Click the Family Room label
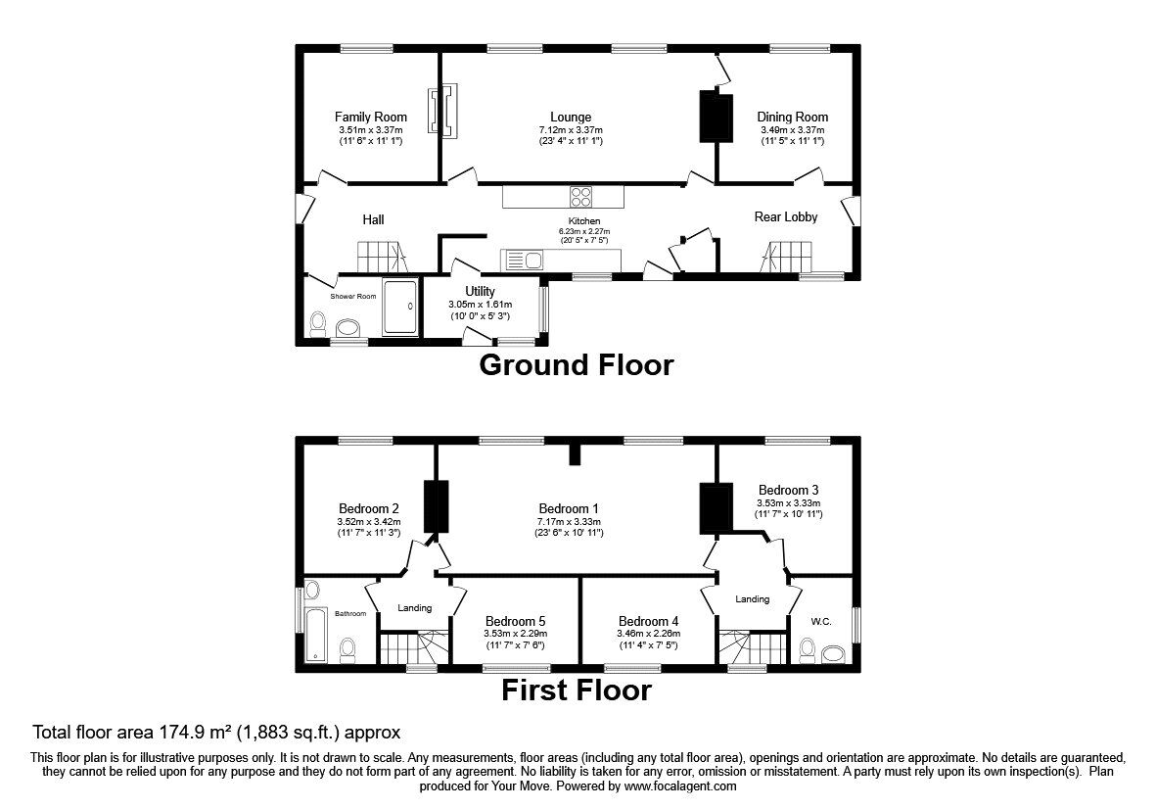370,117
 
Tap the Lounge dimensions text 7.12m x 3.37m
571,130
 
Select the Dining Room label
793,117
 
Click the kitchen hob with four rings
581,197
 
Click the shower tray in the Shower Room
400,306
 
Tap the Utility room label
480,291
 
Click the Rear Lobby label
786,216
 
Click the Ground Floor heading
577,365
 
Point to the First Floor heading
577,690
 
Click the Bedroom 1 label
569,509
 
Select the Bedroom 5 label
515,622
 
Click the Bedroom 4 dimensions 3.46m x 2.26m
649,634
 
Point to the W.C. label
821,622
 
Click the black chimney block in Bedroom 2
436,506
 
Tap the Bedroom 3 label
788,491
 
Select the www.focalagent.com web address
678,786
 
